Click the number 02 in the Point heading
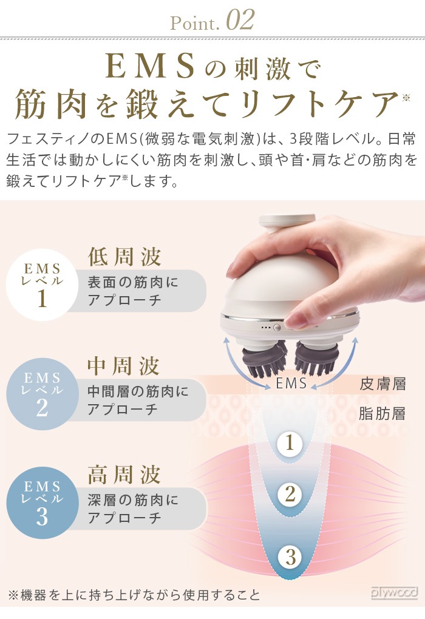(240, 20)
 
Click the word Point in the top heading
(194, 23)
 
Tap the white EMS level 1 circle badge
(42, 285)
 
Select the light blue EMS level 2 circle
(42, 394)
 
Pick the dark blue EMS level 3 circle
(42, 502)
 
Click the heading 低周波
(124, 257)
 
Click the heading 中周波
(124, 366)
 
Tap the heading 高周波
(124, 475)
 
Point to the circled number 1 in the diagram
(290, 443)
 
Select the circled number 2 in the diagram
(290, 494)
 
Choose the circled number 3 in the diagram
(290, 557)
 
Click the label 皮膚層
(382, 384)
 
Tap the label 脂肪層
(382, 414)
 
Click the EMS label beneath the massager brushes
(291, 383)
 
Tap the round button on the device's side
(277, 327)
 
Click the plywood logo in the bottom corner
(394, 592)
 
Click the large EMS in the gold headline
(151, 67)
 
